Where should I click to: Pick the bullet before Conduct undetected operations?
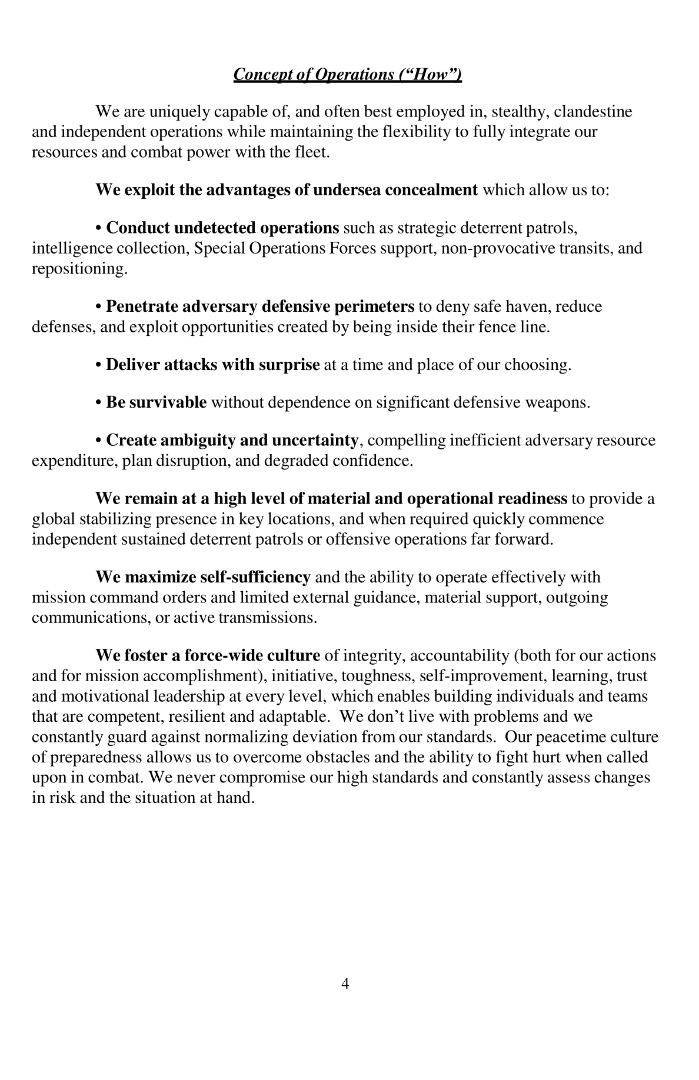point(99,228)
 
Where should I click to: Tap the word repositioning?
point(79,269)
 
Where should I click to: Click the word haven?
point(529,306)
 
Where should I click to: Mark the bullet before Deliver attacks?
point(99,365)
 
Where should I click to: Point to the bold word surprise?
point(289,365)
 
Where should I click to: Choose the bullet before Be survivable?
point(99,403)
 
